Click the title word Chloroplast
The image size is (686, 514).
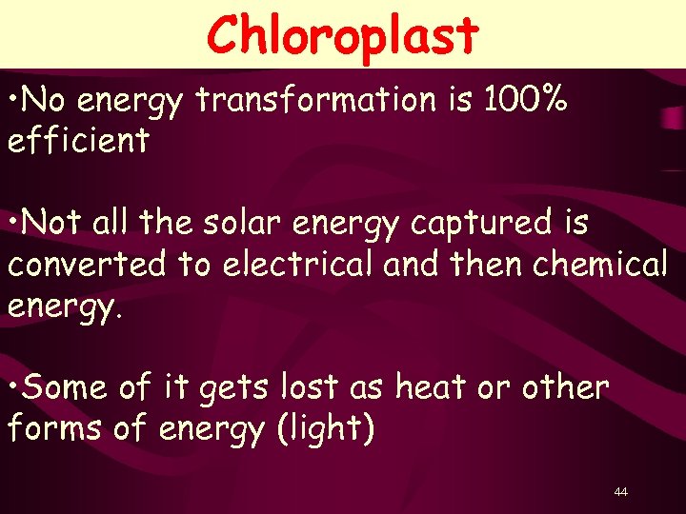342,35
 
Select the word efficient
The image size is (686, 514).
78,141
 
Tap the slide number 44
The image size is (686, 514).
621,491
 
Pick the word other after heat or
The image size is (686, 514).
565,387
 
